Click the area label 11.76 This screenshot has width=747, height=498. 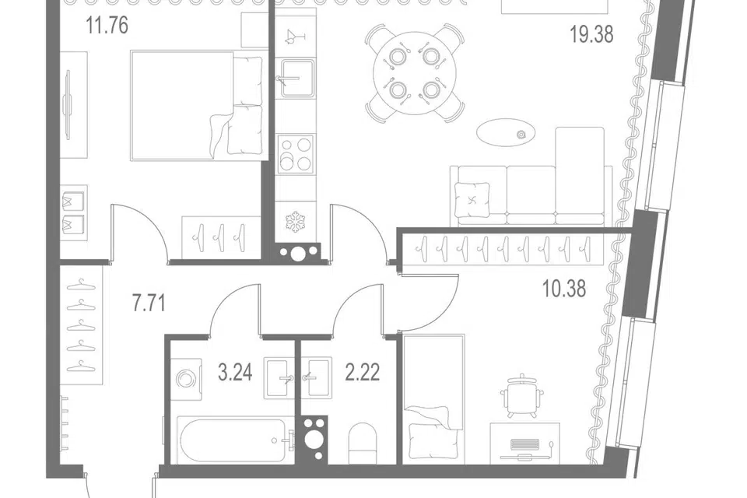click(x=107, y=25)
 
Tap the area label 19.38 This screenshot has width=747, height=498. click(x=591, y=34)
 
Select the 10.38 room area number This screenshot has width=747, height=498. click(x=565, y=289)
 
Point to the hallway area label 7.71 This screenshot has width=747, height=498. click(x=149, y=303)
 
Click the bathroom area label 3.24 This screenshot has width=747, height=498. click(x=235, y=373)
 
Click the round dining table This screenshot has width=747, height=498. click(x=415, y=73)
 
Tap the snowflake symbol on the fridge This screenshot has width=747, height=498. click(x=295, y=223)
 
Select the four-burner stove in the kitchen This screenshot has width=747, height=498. click(x=296, y=153)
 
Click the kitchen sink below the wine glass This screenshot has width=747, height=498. click(x=296, y=78)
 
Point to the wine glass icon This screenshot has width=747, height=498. click(x=293, y=37)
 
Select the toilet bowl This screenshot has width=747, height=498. click(x=363, y=443)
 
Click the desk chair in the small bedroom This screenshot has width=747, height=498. click(x=522, y=395)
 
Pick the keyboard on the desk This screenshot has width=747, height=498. click(x=524, y=444)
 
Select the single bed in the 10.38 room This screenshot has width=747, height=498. click(x=433, y=398)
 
